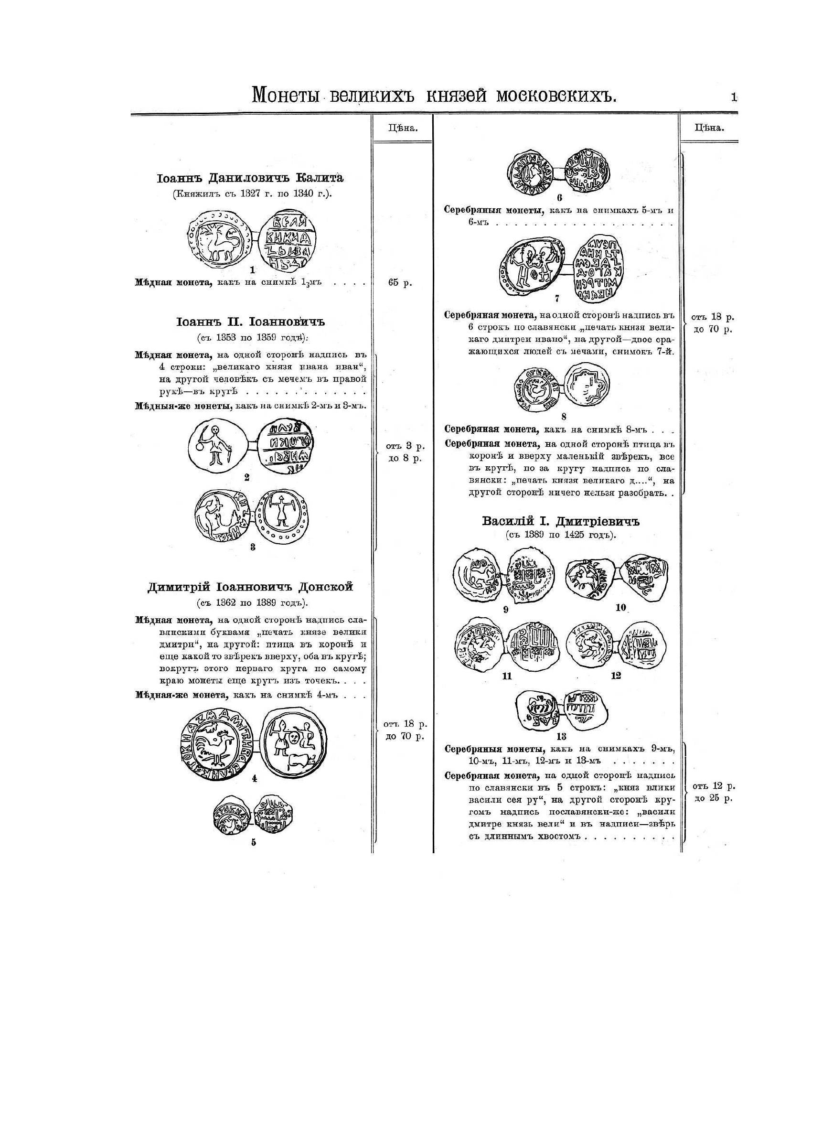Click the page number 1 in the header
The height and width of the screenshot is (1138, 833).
734,97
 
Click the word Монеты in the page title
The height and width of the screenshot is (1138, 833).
286,95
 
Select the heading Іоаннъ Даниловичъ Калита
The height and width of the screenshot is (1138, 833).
251,178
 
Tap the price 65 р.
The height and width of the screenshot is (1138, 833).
400,283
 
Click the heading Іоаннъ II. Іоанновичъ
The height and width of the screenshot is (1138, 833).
251,322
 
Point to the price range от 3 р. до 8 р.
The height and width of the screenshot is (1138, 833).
406,452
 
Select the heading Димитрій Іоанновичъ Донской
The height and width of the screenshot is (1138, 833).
251,587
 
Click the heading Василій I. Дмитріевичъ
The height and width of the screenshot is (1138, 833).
560,521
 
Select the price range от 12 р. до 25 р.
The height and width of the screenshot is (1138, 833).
714,792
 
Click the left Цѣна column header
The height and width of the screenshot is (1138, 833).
402,128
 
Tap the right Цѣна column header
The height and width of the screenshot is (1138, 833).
709,128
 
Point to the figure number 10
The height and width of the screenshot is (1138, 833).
620,608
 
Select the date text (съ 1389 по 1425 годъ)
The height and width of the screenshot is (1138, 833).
561,536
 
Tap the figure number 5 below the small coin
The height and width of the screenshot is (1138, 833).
253,842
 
